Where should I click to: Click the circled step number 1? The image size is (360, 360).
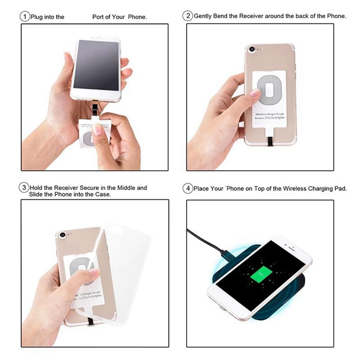tap(25, 17)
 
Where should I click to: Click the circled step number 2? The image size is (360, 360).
tap(188, 16)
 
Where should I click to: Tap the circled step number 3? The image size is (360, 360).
tap(24, 188)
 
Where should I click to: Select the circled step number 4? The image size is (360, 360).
tap(188, 188)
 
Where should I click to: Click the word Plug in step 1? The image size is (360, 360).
tap(37, 17)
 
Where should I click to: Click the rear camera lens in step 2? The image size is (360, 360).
tap(252, 49)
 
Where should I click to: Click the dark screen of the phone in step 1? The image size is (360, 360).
tap(96, 65)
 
